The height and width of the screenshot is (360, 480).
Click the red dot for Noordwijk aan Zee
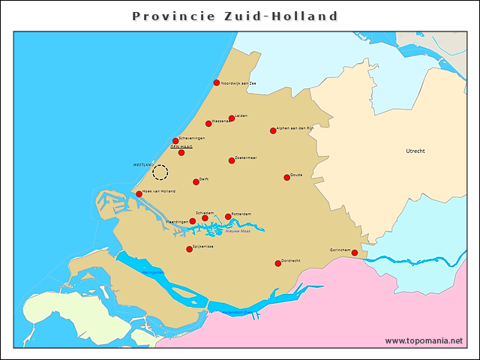point(217,82)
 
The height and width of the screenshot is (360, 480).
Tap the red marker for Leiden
point(232,118)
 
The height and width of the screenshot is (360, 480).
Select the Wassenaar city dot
point(208,124)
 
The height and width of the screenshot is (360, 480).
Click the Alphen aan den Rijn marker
point(273,130)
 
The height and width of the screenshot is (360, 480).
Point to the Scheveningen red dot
point(175,140)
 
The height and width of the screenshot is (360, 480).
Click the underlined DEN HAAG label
point(181,147)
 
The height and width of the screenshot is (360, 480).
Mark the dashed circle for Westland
point(160,172)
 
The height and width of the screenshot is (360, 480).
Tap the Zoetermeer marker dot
point(232,160)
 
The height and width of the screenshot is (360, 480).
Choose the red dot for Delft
point(196,181)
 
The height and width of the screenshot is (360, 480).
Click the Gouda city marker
point(286,177)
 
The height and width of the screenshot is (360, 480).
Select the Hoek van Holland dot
point(139,193)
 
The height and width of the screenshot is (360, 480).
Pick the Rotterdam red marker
point(228,217)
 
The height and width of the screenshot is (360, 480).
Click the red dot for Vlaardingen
point(193,221)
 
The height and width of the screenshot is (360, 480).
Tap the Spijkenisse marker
point(189,249)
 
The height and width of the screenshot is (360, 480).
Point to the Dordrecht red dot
point(277,263)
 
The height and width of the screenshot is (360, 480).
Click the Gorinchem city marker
point(355,253)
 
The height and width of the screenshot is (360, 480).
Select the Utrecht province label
point(415,151)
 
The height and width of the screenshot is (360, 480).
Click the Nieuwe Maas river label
point(238,231)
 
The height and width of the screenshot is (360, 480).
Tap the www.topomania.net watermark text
point(424,341)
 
